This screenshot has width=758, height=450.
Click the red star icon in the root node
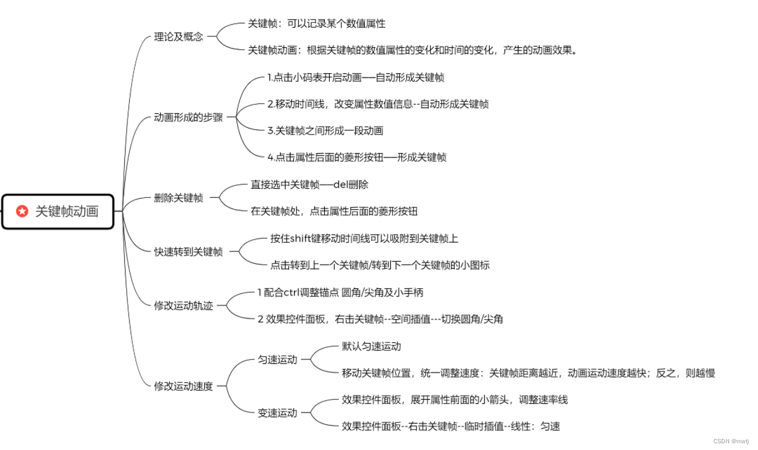22,211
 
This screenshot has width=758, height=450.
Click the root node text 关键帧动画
66,211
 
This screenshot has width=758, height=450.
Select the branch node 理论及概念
178,37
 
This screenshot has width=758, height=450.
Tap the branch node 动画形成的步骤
188,117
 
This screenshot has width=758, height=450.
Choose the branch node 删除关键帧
178,198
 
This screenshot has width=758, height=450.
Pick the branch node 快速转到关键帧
188,251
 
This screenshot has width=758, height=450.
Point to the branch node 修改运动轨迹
183,306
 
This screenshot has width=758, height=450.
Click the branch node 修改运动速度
183,386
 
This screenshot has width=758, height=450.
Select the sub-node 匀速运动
277,360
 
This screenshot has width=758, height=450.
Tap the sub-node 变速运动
277,413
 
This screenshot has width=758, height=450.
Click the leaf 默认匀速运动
372,346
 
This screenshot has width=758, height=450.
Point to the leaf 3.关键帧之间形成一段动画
325,130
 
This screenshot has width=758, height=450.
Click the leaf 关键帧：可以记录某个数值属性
317,23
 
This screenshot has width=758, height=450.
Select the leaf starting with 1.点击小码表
356,77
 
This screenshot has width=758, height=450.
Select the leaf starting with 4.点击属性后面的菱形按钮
357,157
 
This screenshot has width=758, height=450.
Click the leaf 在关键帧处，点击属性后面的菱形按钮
334,211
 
